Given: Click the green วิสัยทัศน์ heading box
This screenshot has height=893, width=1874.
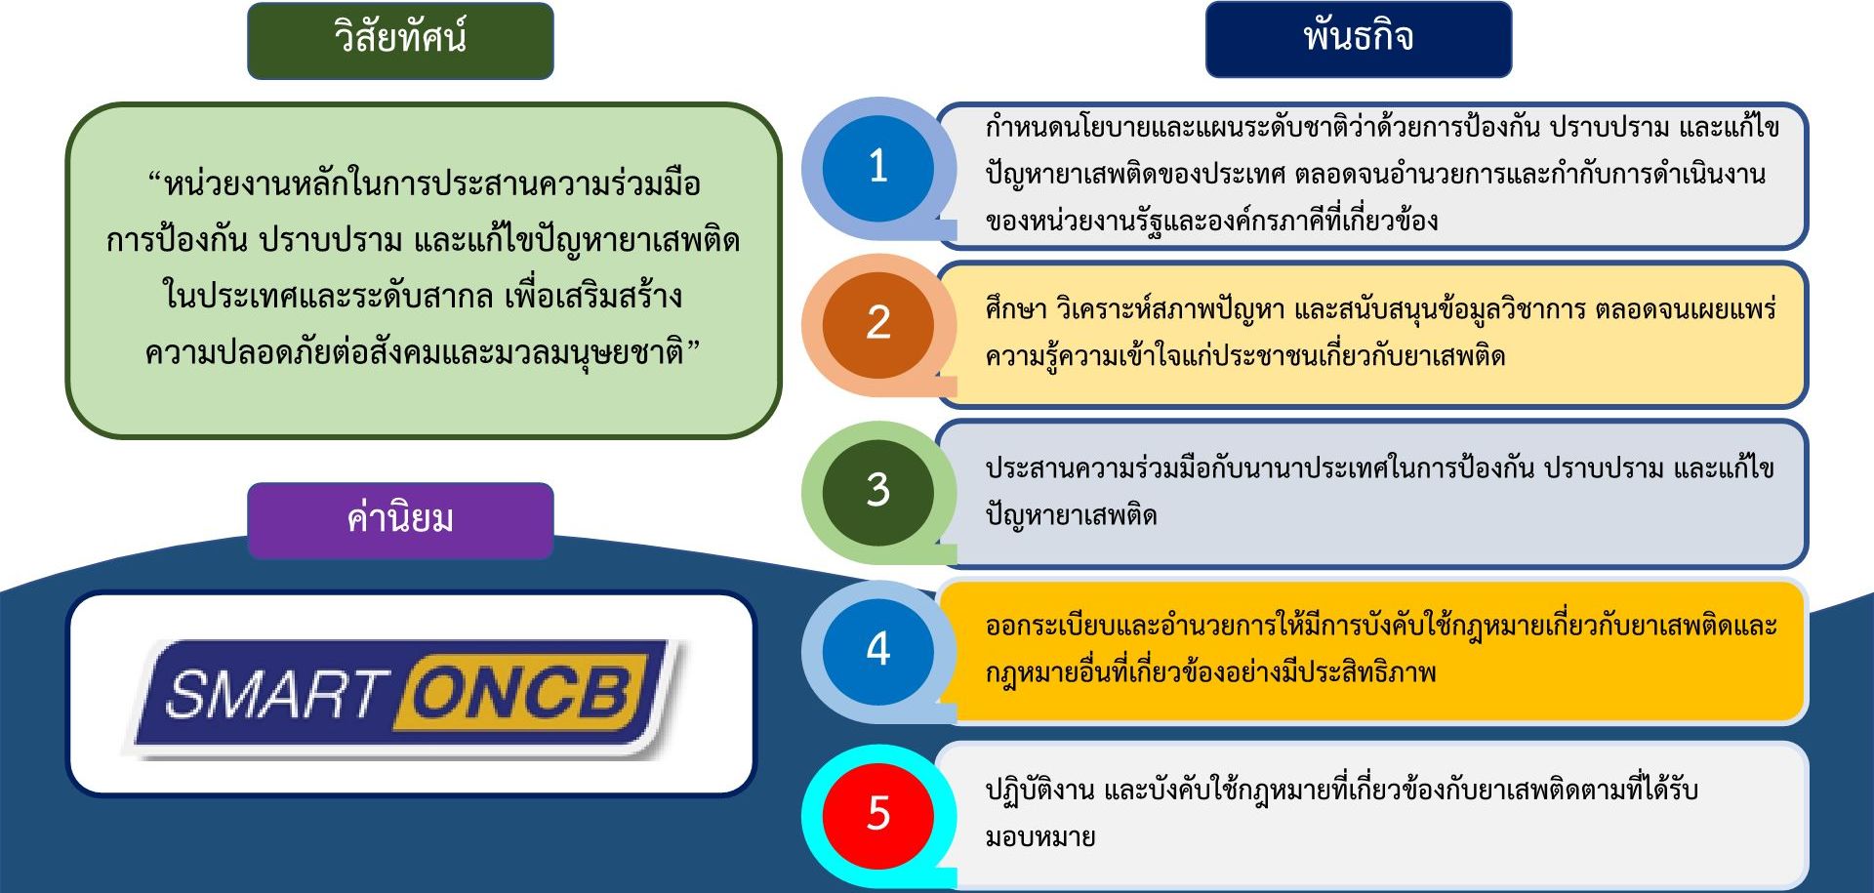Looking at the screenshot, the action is [400, 40].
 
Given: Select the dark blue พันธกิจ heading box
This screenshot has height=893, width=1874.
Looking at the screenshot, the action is [1359, 39].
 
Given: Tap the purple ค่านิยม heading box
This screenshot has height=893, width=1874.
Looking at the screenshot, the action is [400, 520].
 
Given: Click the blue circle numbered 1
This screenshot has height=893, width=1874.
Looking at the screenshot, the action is [877, 167].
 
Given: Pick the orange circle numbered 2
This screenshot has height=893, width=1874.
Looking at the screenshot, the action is [877, 324].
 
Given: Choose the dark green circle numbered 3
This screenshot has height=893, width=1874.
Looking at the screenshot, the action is [877, 491].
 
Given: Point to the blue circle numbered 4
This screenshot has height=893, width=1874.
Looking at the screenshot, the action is [877, 650].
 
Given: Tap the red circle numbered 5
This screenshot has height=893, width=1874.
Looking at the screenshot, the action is [877, 813].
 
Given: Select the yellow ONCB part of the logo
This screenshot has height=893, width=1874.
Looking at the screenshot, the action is [525, 694].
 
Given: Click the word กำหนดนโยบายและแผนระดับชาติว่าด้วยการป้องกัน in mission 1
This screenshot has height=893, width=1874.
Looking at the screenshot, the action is [1263, 127].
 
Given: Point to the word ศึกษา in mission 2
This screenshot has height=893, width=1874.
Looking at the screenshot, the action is [1016, 309].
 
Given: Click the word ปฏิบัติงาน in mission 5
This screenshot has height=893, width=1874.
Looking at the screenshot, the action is [1039, 790].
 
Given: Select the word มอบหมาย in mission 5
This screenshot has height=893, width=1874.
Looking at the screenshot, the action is [1040, 837].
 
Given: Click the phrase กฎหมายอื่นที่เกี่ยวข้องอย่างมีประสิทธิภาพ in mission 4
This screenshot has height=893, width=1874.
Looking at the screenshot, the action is [1210, 672].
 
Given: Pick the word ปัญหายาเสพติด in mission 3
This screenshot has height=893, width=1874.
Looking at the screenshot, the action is [1071, 515].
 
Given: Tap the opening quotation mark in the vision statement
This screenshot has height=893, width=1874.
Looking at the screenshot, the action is [155, 178].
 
